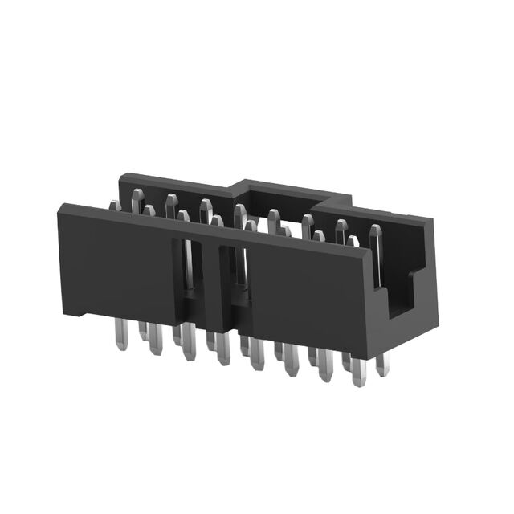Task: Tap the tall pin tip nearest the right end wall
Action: (375, 235)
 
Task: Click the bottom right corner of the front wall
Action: (369, 357)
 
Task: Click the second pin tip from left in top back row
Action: (171, 201)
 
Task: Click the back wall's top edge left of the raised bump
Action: (177, 181)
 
